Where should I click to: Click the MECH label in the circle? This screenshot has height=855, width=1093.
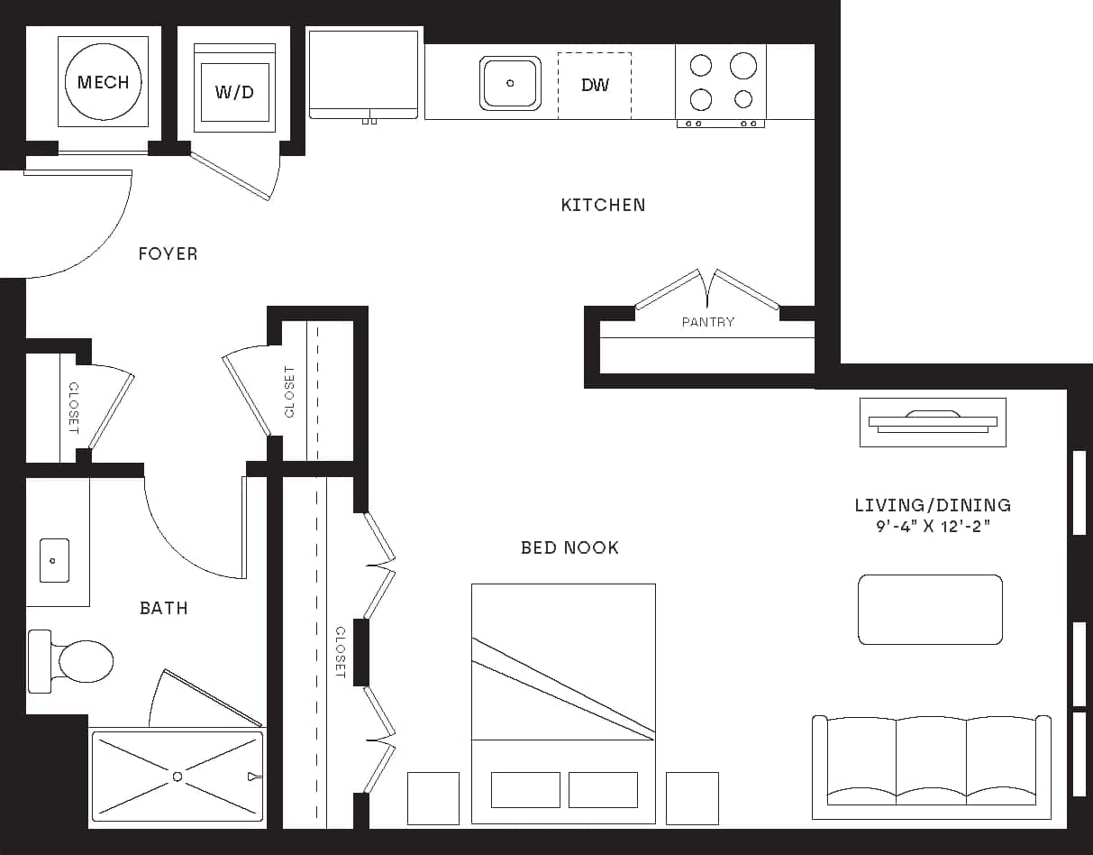[104, 82]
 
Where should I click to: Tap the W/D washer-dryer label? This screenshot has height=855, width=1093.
[234, 92]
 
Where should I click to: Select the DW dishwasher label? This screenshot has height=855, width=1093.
[595, 86]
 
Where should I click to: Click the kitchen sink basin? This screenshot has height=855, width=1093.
[510, 83]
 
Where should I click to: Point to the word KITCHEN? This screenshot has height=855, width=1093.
[603, 206]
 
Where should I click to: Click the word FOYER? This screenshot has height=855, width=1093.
[168, 254]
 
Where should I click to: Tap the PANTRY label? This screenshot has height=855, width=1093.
[707, 322]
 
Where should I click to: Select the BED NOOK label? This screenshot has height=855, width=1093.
[569, 547]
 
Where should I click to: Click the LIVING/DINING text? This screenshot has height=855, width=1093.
[933, 506]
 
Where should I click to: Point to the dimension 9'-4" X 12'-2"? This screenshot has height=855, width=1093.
[933, 526]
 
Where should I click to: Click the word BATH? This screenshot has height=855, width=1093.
[164, 609]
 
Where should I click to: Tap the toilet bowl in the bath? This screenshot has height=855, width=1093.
[85, 661]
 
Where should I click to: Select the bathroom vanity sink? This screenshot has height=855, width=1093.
[54, 561]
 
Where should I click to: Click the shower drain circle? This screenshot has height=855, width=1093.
[178, 776]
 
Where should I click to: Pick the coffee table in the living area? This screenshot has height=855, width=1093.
[930, 610]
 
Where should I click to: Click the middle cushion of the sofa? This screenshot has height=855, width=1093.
[931, 758]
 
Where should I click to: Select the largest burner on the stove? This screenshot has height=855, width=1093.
[743, 65]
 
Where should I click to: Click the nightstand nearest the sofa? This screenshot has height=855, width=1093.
[692, 798]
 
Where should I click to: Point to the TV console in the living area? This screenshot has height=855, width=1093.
[933, 421]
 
